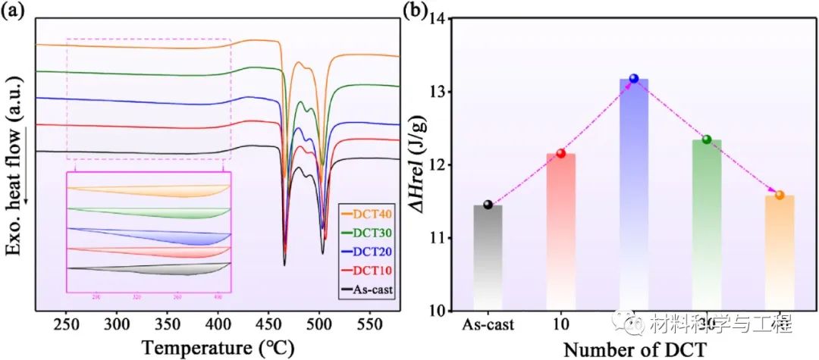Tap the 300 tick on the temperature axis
[115, 324]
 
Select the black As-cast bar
[488, 258]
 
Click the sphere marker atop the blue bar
[634, 78]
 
